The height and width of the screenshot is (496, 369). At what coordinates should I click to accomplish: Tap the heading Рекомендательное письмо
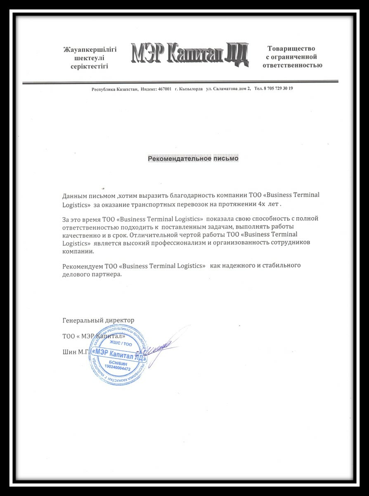tap(193, 158)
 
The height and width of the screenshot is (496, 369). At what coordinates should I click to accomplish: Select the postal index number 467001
tap(164, 89)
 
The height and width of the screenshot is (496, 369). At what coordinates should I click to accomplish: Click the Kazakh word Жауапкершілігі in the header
tap(90, 50)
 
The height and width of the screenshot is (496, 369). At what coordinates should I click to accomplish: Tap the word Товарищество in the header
tap(291, 49)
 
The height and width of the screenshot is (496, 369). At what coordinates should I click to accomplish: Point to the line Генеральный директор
tap(98, 320)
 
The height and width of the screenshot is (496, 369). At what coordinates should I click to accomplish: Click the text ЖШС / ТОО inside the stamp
tap(121, 343)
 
